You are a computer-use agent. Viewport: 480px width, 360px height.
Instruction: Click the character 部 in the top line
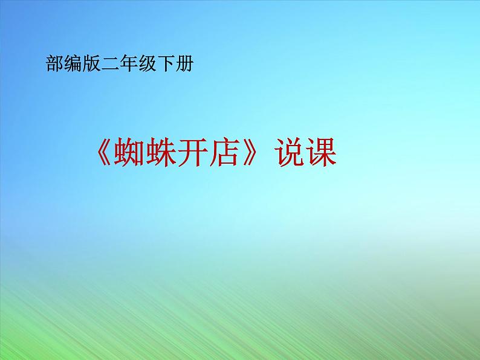tap(54, 63)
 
